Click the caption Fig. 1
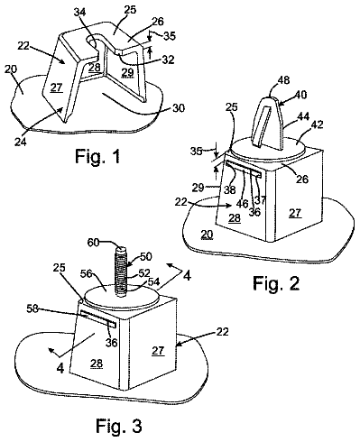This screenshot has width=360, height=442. click(x=97, y=156)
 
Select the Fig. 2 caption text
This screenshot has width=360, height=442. click(x=276, y=283)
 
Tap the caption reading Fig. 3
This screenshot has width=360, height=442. click(x=119, y=426)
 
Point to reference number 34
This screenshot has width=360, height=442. click(x=79, y=13)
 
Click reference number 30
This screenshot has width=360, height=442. click(x=179, y=107)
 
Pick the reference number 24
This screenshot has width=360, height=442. click(x=20, y=141)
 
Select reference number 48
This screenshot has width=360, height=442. click(x=283, y=80)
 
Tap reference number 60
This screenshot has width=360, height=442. click(x=93, y=243)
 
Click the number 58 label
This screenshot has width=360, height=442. click(x=32, y=308)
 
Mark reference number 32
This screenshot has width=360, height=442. click(x=168, y=60)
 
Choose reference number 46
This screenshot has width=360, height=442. click(x=242, y=204)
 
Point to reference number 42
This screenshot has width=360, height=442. click(x=317, y=124)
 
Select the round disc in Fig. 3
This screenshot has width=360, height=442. click(x=121, y=298)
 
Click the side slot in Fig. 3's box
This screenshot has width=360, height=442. click(x=98, y=319)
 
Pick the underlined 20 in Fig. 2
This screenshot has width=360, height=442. click(x=208, y=235)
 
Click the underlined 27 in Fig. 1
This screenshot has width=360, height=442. click(x=56, y=87)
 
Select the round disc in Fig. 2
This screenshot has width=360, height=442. click(x=268, y=150)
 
